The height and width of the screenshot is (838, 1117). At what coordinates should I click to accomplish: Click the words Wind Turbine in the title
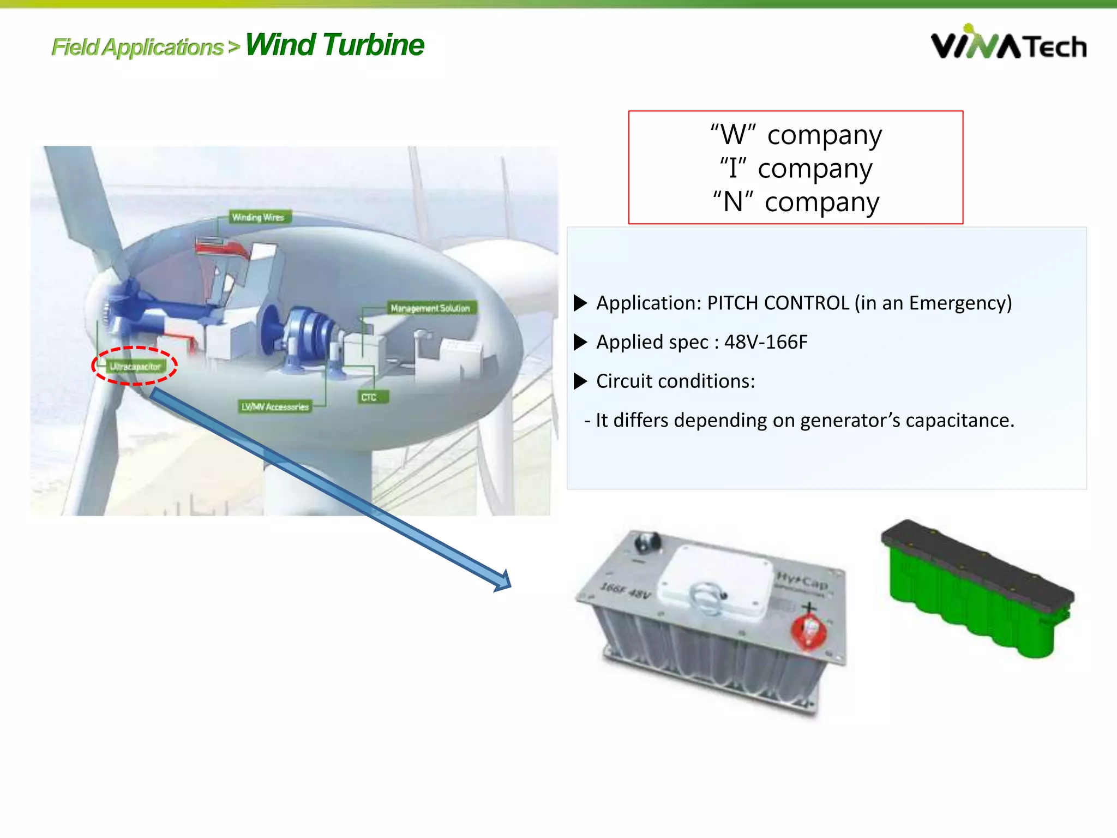point(334,45)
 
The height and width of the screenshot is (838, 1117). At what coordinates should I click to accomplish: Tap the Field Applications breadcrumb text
point(137,47)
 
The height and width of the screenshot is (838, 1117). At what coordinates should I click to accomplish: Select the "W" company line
point(796,135)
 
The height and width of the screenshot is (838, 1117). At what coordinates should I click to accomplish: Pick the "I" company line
point(796,169)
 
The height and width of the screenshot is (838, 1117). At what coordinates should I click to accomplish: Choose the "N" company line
point(796,202)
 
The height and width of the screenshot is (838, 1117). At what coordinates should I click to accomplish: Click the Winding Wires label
point(259,217)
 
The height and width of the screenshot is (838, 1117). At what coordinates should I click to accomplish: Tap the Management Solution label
point(430,308)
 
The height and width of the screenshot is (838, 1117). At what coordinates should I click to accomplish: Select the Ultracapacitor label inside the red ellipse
point(135,367)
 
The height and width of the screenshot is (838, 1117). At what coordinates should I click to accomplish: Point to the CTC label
point(370,397)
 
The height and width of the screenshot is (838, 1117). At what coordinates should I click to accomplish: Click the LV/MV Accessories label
point(275,406)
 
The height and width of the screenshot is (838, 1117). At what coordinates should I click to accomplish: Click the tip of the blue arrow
point(508,585)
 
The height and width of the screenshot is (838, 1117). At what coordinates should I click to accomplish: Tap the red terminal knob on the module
point(809,632)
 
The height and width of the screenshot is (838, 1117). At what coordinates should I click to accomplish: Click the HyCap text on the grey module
point(802,580)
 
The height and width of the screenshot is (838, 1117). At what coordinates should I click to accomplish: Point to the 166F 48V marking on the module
point(626,590)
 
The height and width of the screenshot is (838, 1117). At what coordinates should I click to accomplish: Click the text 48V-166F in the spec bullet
point(765,342)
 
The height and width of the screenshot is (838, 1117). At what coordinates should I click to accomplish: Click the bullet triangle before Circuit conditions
point(580,381)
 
